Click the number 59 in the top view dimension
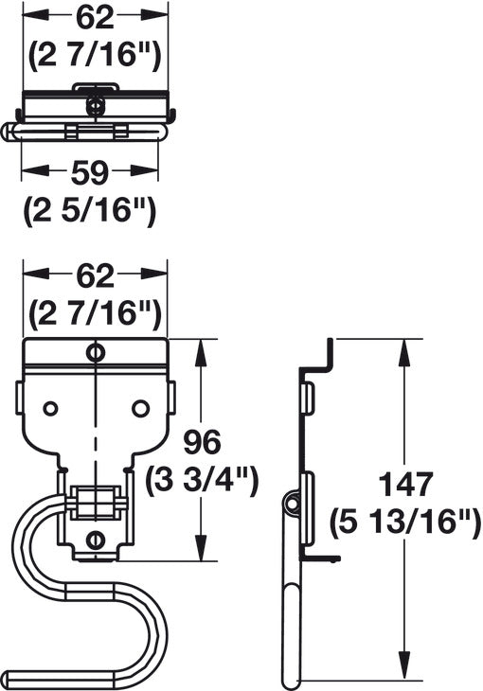[89, 172]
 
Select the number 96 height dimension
[202, 442]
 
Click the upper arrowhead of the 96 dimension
[201, 352]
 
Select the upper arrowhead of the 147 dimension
[404, 352]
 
